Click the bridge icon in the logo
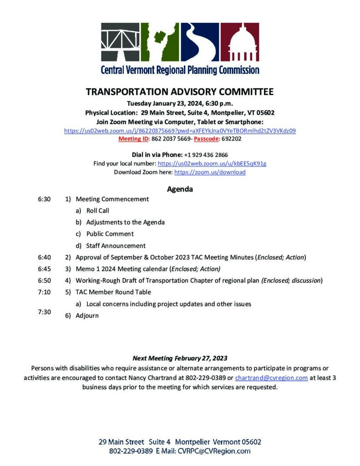(x=120, y=42)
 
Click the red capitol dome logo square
(x=240, y=42)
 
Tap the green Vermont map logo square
(x=159, y=42)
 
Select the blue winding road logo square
(x=200, y=42)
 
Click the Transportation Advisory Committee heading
(x=180, y=92)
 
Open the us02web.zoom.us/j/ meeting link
(x=180, y=131)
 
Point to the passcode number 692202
(x=232, y=139)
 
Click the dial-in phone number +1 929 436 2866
(x=206, y=155)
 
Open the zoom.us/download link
(x=210, y=172)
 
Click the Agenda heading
(x=180, y=189)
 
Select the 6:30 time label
(x=44, y=199)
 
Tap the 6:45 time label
(x=44, y=268)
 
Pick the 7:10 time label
(x=44, y=292)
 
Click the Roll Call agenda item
(x=97, y=211)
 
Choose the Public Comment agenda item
(x=110, y=234)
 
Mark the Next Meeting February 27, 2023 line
(x=180, y=358)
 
